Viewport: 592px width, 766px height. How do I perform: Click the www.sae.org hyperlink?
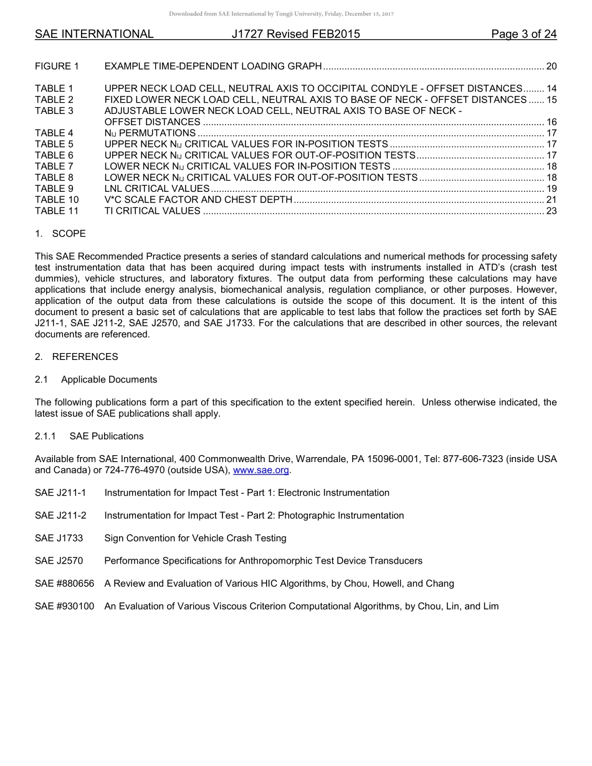[261, 470]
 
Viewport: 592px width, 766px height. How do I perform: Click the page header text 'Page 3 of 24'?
[523, 34]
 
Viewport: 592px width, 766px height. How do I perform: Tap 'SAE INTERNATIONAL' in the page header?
[94, 34]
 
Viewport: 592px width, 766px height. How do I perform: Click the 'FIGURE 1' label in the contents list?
[57, 66]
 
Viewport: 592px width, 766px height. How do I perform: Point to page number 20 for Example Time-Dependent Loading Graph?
[551, 66]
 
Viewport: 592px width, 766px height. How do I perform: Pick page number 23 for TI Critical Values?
[551, 211]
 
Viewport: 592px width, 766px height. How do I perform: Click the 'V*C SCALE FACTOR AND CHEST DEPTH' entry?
[198, 200]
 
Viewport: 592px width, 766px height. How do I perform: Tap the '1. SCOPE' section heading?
[60, 234]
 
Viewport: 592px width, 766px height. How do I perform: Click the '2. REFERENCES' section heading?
[76, 357]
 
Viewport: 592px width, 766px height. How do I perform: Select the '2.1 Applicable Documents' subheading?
[96, 379]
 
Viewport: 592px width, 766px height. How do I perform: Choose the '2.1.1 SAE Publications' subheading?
[89, 436]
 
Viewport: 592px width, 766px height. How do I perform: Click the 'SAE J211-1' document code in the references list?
[60, 493]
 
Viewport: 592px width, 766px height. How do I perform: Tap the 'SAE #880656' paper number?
[64, 584]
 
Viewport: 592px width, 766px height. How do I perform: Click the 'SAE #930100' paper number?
[64, 606]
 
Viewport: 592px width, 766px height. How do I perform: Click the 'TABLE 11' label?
[57, 211]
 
